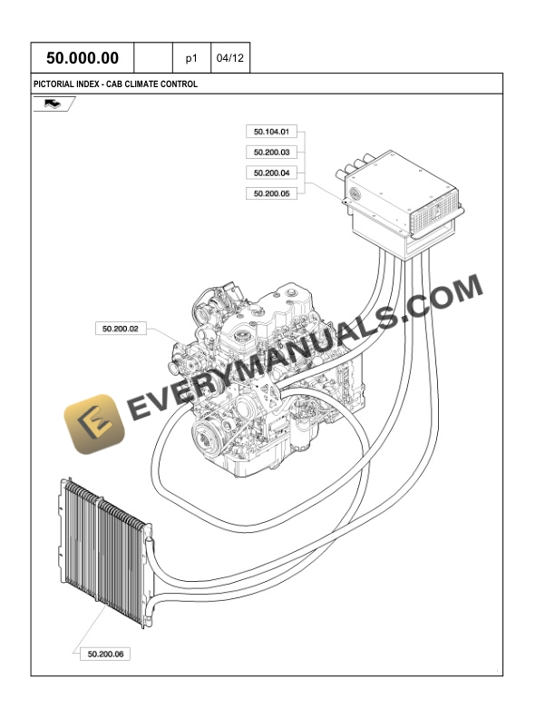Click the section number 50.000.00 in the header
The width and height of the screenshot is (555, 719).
click(83, 58)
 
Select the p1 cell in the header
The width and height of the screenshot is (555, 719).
click(191, 58)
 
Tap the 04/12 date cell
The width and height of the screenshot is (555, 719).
click(230, 58)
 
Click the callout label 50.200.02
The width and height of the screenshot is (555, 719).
click(121, 328)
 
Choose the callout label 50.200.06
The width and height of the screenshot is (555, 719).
click(106, 653)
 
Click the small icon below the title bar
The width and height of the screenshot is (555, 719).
click(54, 104)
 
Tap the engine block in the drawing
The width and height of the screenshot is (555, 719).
click(272, 381)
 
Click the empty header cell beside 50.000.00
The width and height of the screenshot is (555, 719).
click(153, 58)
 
